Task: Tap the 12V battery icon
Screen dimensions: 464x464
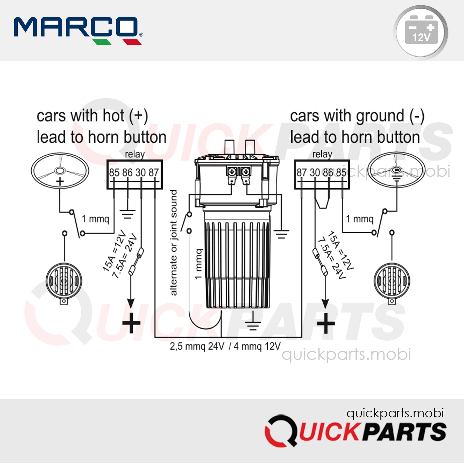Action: tap(421, 32)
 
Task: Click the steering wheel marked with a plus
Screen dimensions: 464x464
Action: tap(60, 171)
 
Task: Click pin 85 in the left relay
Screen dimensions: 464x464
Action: tap(114, 173)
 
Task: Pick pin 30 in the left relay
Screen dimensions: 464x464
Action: tap(140, 173)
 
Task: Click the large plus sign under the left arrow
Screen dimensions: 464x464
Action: tap(131, 323)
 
